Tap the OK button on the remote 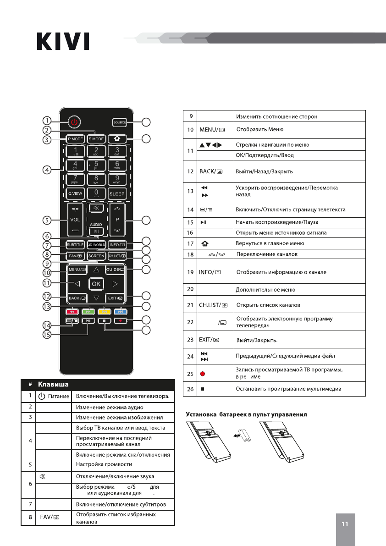click(96, 284)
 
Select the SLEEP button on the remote click(117, 194)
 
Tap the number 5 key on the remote click(96, 165)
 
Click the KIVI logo click(63, 41)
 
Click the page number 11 click(345, 524)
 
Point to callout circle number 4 click(47, 170)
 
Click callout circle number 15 click(47, 335)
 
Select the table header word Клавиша click(54, 384)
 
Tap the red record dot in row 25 click(202, 374)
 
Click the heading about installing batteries click(246, 414)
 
